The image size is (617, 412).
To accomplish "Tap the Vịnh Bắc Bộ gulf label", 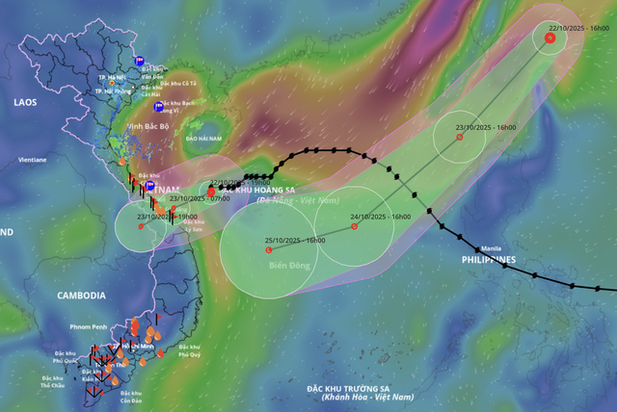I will coord(148,126).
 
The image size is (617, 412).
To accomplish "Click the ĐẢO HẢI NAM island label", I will coord(204,139).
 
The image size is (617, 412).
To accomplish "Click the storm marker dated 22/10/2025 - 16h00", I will coord(550,39).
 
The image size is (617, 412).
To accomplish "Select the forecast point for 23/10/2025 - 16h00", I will coord(459,137).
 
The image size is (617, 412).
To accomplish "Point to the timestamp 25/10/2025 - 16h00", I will coord(293,239).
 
